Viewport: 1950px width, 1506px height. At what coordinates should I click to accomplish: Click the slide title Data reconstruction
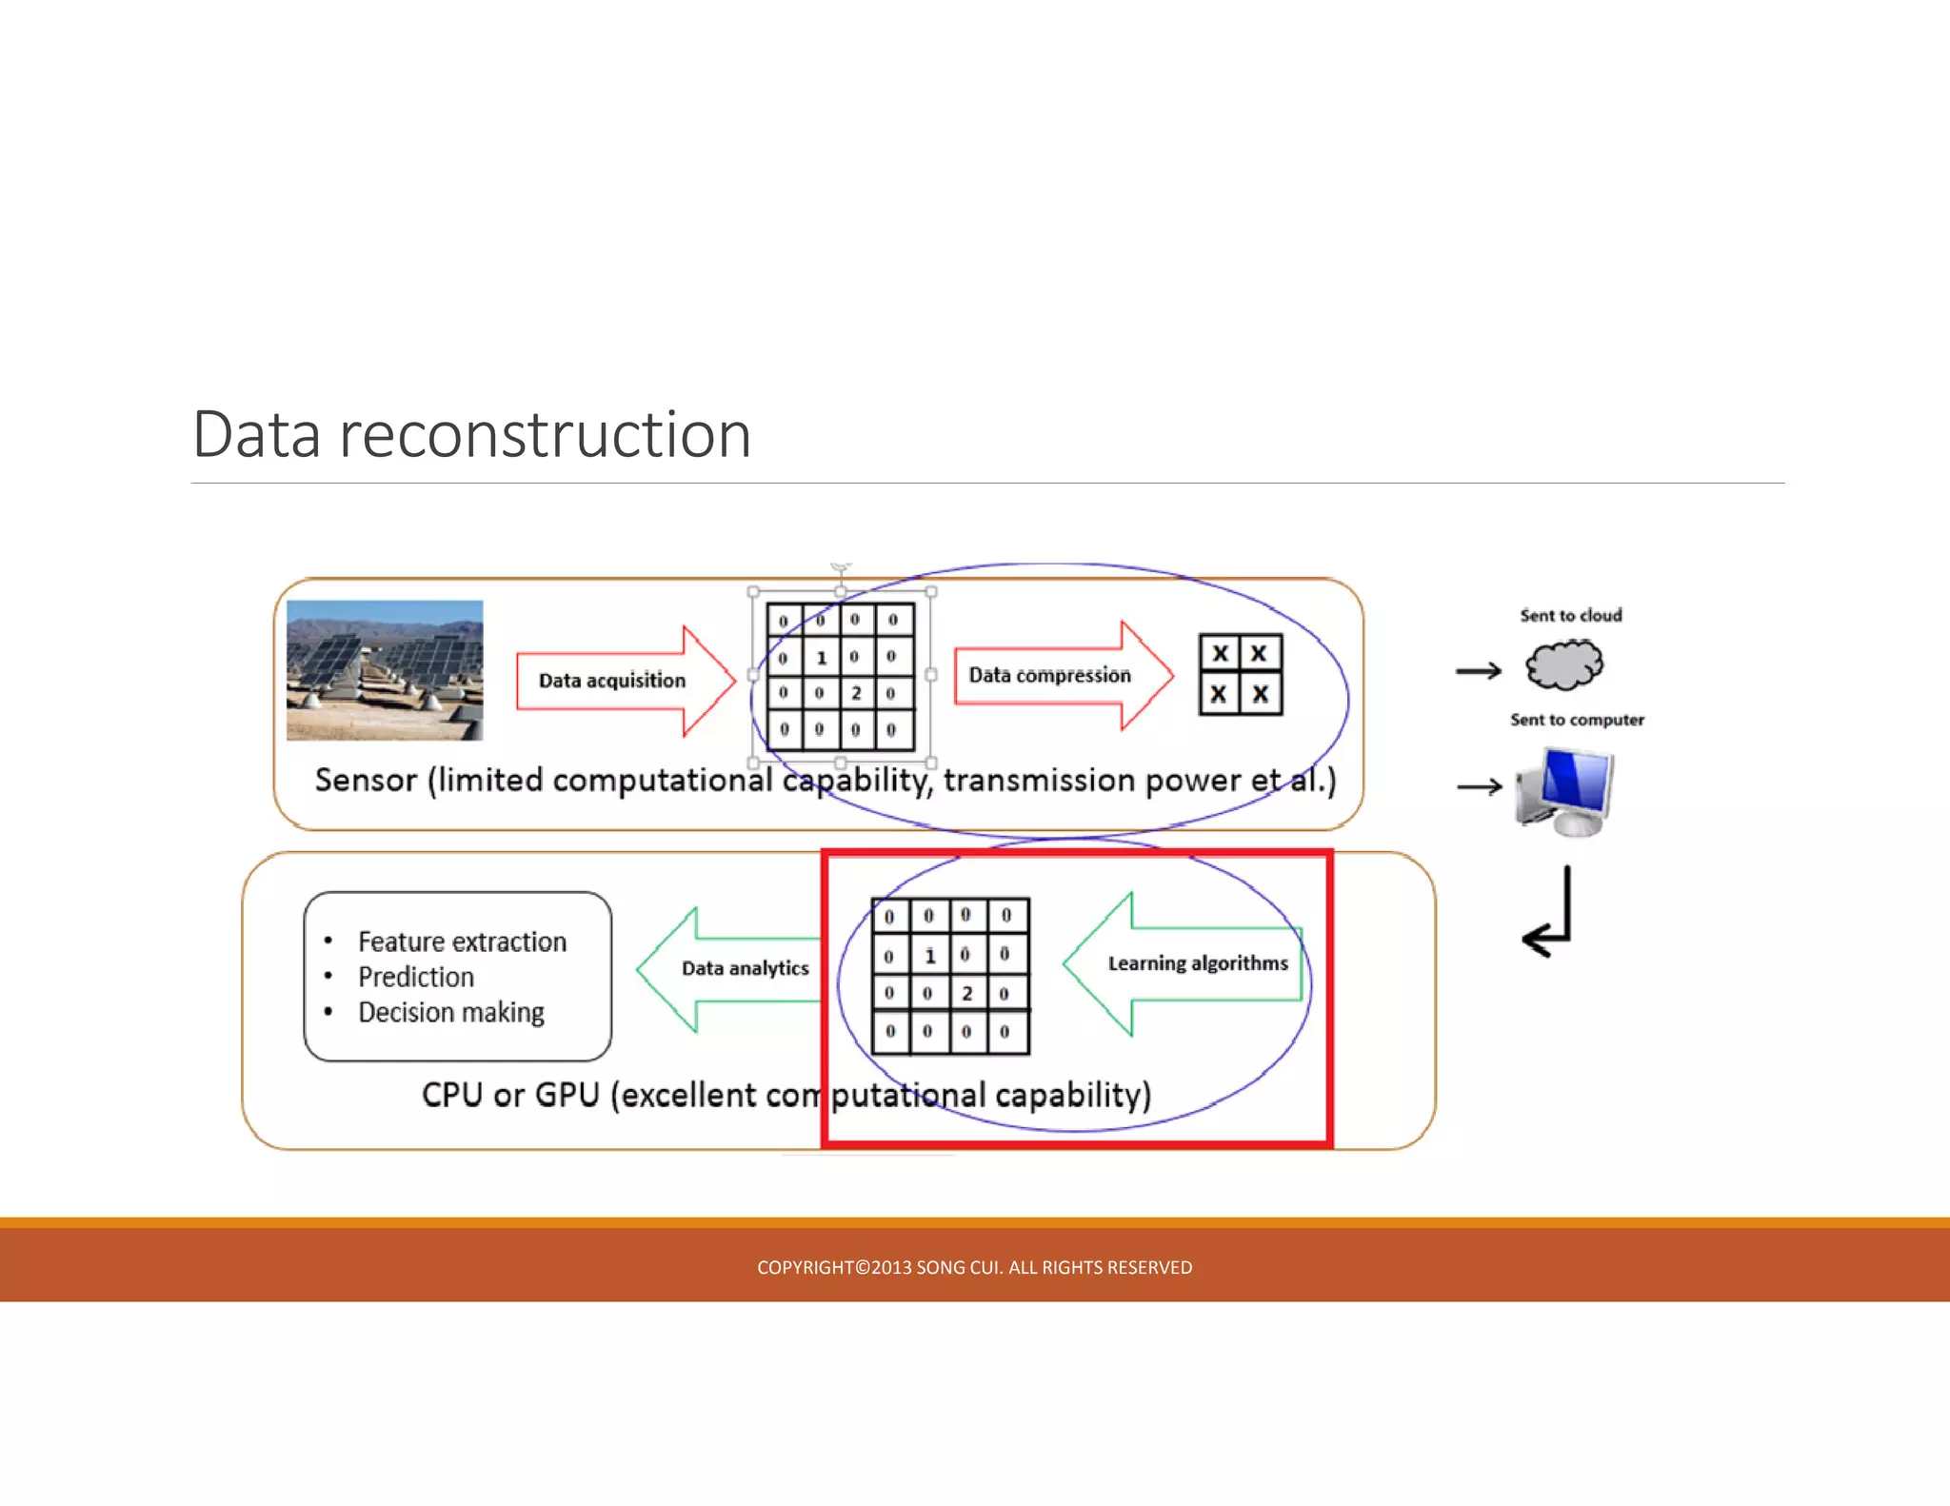point(471,435)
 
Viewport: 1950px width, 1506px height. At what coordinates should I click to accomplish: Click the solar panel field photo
point(385,670)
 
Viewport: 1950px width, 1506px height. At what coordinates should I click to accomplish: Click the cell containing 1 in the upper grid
point(821,657)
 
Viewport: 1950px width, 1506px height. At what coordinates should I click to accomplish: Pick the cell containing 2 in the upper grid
point(856,693)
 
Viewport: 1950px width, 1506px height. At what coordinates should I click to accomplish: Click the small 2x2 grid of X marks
point(1240,674)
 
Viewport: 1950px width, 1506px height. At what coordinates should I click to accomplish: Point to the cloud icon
point(1564,664)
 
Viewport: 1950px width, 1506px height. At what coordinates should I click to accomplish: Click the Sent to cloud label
point(1570,616)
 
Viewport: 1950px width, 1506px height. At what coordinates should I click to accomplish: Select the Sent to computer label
point(1577,720)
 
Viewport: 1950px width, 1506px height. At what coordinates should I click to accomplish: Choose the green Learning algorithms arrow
point(1185,963)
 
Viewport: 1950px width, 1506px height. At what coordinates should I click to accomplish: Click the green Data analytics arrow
point(733,969)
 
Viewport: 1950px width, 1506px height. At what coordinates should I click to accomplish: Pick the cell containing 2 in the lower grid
point(966,993)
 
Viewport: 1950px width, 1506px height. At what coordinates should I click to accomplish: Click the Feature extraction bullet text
point(462,941)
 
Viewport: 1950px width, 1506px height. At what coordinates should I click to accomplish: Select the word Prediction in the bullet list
point(416,977)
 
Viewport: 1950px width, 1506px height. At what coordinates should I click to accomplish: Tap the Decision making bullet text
point(451,1012)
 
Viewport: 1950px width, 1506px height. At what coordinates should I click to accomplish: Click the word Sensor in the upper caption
point(366,781)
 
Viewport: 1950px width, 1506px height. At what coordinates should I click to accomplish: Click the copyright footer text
point(974,1267)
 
